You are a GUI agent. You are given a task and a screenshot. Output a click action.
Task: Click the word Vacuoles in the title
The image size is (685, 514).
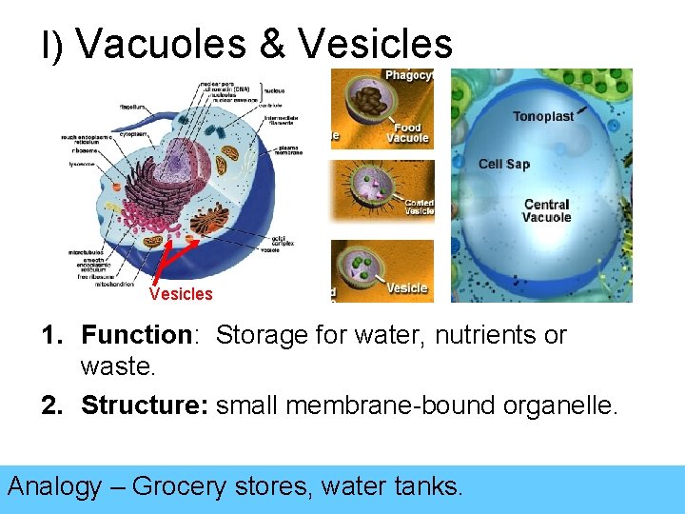pyautogui.click(x=156, y=43)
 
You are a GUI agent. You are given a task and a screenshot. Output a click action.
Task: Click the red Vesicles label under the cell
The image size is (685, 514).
pyautogui.click(x=181, y=294)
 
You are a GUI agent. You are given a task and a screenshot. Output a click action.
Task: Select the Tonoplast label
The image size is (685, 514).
pyautogui.click(x=543, y=116)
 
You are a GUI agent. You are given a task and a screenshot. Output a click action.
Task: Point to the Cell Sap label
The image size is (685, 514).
pyautogui.click(x=503, y=164)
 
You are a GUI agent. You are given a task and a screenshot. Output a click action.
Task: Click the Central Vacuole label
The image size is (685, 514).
pyautogui.click(x=546, y=210)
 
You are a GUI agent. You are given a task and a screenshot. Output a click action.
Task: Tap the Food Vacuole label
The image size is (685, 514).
pyautogui.click(x=407, y=133)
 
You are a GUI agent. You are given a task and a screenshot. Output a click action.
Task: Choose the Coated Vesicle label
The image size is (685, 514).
pyautogui.click(x=419, y=206)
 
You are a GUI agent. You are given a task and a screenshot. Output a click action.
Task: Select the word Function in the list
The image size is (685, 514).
pyautogui.click(x=136, y=335)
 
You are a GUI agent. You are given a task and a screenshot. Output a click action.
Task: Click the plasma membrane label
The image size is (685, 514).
pyautogui.click(x=290, y=149)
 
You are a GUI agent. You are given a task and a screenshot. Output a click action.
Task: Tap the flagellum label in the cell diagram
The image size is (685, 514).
pyautogui.click(x=132, y=108)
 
